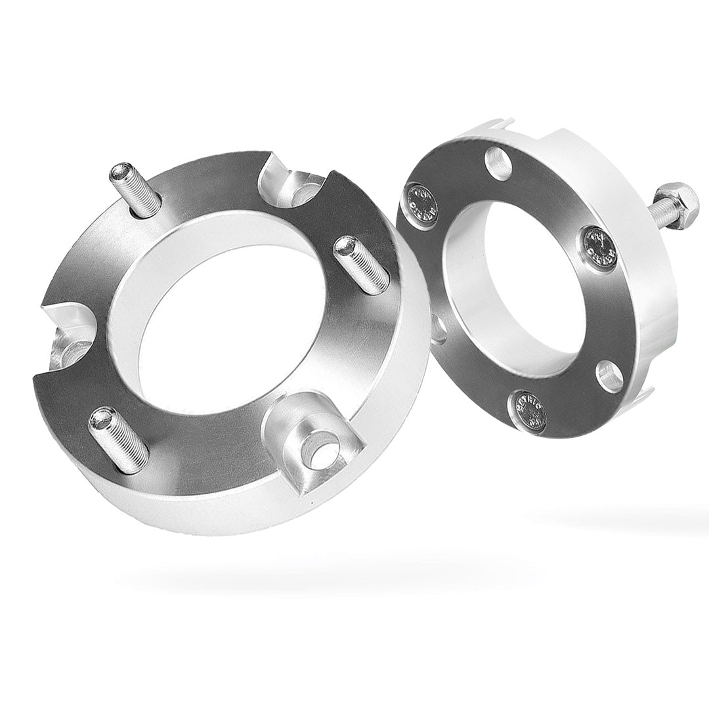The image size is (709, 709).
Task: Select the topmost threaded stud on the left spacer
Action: tap(136, 190)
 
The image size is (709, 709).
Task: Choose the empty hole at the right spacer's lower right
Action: tap(610, 376)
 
